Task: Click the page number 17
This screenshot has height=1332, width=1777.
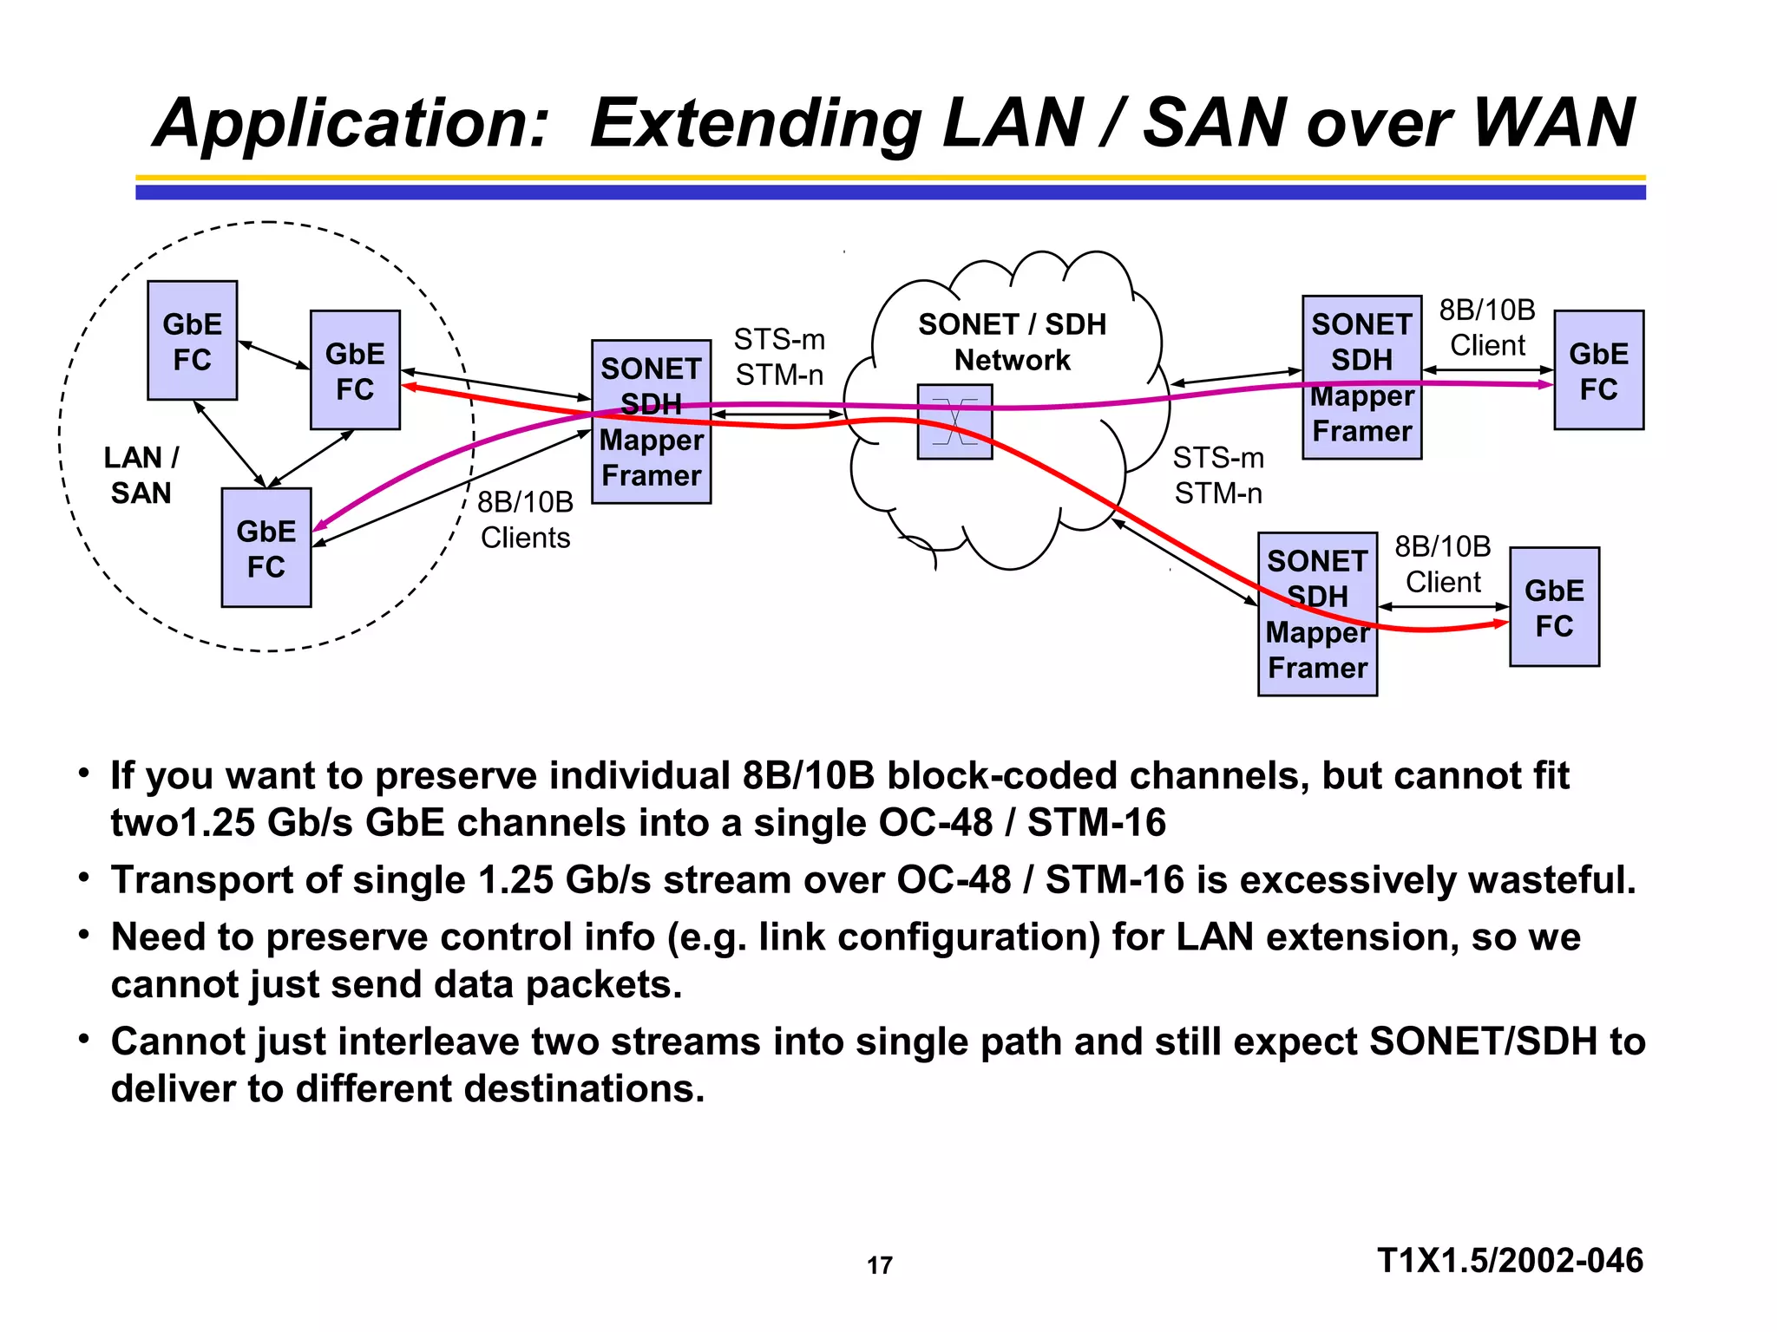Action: pyautogui.click(x=879, y=1265)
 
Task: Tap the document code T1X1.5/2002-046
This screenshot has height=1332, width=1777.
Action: pyautogui.click(x=1510, y=1260)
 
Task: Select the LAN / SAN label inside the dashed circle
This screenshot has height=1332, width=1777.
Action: pyautogui.click(x=141, y=474)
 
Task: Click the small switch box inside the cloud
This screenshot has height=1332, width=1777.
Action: pyautogui.click(x=954, y=422)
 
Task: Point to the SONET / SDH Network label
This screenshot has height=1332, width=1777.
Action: pyautogui.click(x=1012, y=342)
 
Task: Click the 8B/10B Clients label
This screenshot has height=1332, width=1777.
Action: pyautogui.click(x=525, y=519)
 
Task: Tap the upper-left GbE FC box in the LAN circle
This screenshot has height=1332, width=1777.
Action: pyautogui.click(x=192, y=341)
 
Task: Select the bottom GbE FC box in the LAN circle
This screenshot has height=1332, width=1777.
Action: pyautogui.click(x=266, y=548)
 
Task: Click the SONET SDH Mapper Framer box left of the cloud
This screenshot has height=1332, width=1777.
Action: pyautogui.click(x=651, y=422)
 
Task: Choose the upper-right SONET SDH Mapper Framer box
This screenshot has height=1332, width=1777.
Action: pyautogui.click(x=1361, y=377)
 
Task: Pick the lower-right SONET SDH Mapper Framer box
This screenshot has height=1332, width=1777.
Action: pyautogui.click(x=1317, y=614)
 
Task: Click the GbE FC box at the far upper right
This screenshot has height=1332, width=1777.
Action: pyautogui.click(x=1598, y=370)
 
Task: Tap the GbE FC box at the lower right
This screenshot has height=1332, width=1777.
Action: pyautogui.click(x=1554, y=607)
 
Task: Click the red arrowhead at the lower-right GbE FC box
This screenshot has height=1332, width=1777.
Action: pyautogui.click(x=1501, y=623)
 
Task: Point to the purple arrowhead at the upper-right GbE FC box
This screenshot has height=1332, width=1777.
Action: pyautogui.click(x=1545, y=384)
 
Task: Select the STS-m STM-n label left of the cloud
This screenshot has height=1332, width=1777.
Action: pyautogui.click(x=779, y=356)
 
